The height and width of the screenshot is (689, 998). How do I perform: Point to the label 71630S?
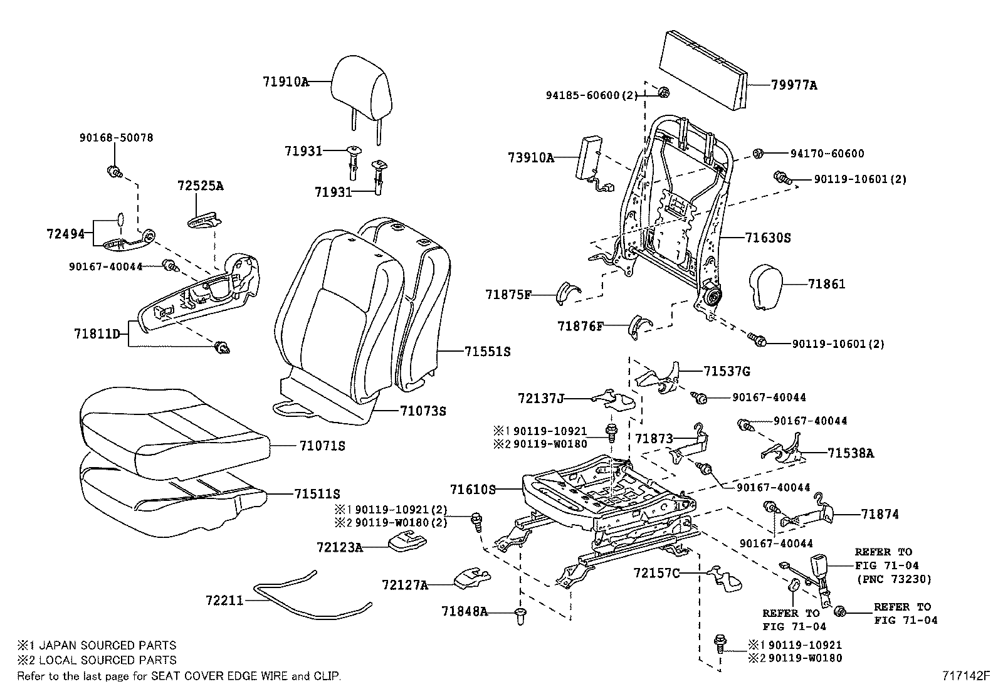(768, 238)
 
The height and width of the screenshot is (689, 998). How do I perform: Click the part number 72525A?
(200, 186)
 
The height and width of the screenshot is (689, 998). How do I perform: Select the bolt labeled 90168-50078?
(114, 170)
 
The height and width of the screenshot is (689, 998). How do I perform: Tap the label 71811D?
(97, 334)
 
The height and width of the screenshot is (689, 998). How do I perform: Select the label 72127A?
(404, 586)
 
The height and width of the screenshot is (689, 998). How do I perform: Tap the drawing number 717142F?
(965, 676)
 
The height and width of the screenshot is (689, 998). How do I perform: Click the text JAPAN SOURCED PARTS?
(103, 645)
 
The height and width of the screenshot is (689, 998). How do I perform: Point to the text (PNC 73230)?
(894, 579)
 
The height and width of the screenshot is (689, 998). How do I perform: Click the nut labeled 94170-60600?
(757, 154)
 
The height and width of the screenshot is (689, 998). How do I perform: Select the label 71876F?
(580, 326)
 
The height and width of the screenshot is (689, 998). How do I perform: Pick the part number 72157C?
(656, 573)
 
